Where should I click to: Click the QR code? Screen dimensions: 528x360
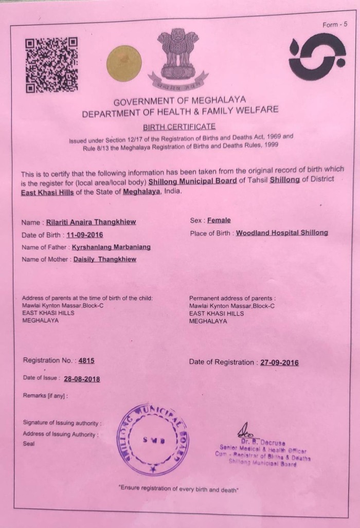pyautogui.click(x=51, y=65)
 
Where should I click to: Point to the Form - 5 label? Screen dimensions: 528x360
pyautogui.click(x=335, y=24)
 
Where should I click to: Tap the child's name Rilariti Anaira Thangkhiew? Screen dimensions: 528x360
pyautogui.click(x=98, y=223)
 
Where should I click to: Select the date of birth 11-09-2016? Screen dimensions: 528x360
pyautogui.click(x=85, y=235)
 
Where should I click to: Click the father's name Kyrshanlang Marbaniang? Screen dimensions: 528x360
pyautogui.click(x=111, y=247)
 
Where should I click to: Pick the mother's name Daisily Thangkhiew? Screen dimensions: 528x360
pyautogui.click(x=104, y=260)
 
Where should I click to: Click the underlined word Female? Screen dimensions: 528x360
pyautogui.click(x=219, y=221)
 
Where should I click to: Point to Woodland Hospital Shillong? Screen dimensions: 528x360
pyautogui.click(x=281, y=233)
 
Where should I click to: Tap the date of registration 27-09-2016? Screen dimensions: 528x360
pyautogui.click(x=279, y=362)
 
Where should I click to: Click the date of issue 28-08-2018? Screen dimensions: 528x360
pyautogui.click(x=82, y=379)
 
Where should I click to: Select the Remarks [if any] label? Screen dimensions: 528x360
pyautogui.click(x=45, y=396)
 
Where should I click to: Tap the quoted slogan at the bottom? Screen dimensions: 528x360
pyautogui.click(x=178, y=488)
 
